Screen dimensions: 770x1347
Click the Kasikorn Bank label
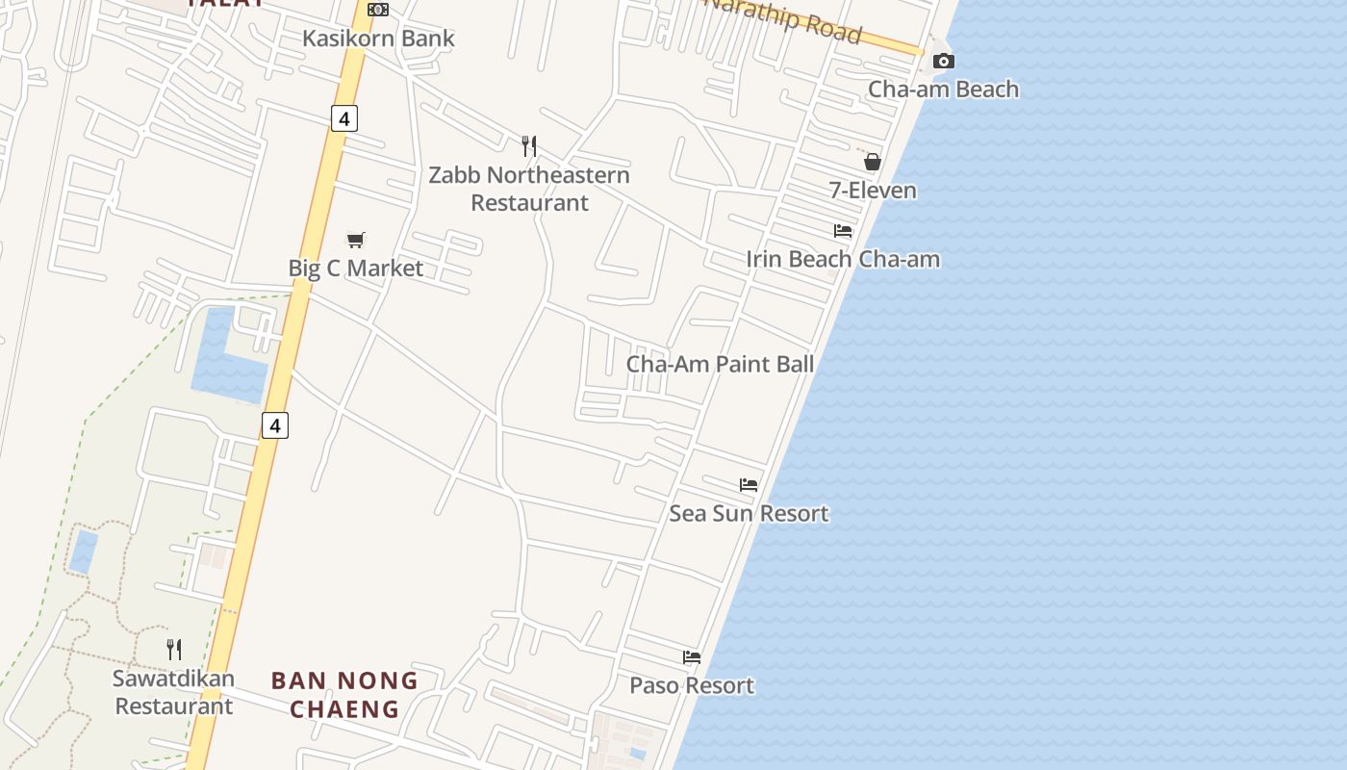(378, 38)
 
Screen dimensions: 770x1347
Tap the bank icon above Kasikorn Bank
(378, 10)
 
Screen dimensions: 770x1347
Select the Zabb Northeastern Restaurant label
(529, 189)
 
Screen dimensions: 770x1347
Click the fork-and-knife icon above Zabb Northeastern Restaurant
(529, 146)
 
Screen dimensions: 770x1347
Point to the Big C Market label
(356, 268)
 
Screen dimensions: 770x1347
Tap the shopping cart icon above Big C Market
(356, 240)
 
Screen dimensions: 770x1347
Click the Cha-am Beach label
(943, 89)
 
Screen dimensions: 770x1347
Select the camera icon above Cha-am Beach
(944, 62)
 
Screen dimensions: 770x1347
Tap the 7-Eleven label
(873, 190)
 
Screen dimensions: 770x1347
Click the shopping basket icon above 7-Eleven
(873, 162)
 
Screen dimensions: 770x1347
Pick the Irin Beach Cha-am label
(843, 259)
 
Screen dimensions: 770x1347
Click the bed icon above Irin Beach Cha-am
(843, 231)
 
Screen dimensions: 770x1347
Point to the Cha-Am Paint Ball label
(720, 364)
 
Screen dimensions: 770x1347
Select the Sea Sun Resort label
(749, 513)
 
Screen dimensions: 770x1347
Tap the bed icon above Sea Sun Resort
(749, 485)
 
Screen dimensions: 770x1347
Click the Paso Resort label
(692, 685)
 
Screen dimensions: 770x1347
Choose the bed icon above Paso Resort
(692, 657)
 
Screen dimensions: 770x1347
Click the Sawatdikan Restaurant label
(173, 692)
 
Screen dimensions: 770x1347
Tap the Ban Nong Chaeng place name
(344, 695)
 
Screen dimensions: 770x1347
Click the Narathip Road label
(784, 18)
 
